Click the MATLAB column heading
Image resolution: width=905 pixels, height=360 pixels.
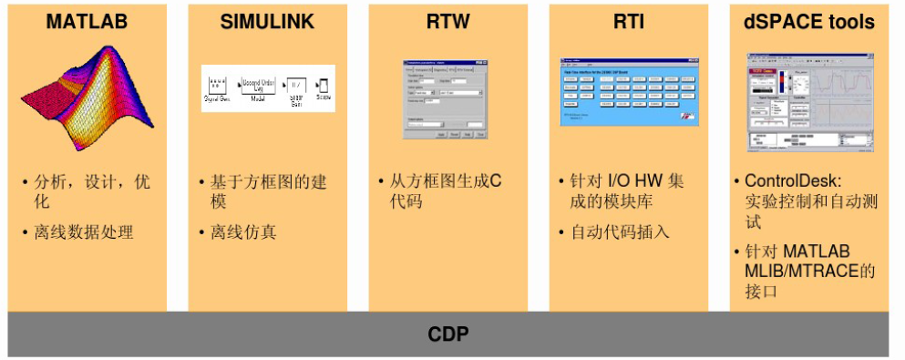(x=87, y=22)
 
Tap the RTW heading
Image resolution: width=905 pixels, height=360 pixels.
(x=447, y=22)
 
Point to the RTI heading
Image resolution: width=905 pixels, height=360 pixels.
(x=629, y=22)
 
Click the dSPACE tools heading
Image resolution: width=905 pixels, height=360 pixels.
(x=808, y=22)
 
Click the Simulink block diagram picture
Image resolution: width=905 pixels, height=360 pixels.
(x=268, y=88)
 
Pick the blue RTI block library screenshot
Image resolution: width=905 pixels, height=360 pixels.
(x=630, y=92)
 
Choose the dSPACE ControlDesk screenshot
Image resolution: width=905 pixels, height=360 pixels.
(x=809, y=103)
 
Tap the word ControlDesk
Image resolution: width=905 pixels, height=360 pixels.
(x=789, y=180)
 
